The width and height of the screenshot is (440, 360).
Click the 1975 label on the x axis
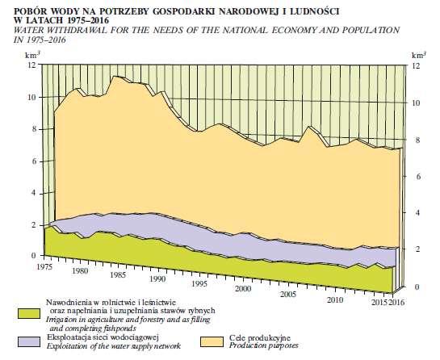click(x=44, y=266)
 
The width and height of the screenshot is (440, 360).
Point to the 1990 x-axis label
click(x=157, y=279)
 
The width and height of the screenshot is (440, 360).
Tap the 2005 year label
click(x=288, y=295)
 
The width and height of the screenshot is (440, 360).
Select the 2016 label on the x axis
click(x=397, y=303)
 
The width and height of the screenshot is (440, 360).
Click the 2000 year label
click(x=243, y=289)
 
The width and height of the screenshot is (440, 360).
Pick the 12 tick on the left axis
click(x=32, y=65)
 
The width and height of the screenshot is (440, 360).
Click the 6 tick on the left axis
click(x=34, y=161)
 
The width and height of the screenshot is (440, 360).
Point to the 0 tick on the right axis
click(x=417, y=287)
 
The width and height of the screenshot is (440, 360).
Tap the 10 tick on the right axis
click(x=416, y=103)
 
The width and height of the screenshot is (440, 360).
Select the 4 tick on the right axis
click(x=417, y=212)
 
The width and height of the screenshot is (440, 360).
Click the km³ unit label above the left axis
click(x=32, y=55)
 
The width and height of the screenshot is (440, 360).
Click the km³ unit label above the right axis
click(x=419, y=55)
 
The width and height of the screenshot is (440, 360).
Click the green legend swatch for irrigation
click(x=29, y=314)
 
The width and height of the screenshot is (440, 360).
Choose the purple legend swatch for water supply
click(x=29, y=341)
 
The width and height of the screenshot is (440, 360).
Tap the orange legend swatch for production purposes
click(x=212, y=341)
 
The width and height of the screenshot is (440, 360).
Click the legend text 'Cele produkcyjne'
click(x=260, y=338)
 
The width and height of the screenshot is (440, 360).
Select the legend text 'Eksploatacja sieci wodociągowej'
click(x=103, y=337)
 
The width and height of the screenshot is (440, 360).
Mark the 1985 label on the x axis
click(x=118, y=274)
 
